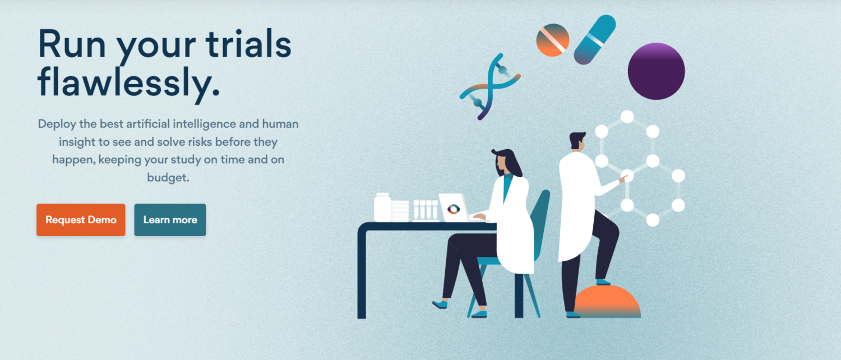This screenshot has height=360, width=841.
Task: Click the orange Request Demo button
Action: tap(81, 220)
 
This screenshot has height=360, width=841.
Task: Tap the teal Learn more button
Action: tap(170, 220)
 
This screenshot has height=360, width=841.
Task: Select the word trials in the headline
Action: tap(248, 44)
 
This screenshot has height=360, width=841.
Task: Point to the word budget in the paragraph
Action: tap(168, 178)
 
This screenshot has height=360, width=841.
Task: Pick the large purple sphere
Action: tap(657, 71)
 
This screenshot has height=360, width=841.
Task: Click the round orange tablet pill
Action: tap(553, 40)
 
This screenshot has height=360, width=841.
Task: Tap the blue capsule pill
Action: tap(595, 39)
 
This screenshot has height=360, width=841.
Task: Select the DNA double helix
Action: tap(490, 87)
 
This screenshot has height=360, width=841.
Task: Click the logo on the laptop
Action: tap(454, 209)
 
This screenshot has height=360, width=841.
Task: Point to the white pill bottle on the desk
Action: tap(382, 207)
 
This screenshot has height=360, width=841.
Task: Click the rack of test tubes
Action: tap(426, 210)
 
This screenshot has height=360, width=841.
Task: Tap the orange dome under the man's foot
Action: tap(607, 302)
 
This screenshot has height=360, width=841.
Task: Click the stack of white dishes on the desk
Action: tap(400, 211)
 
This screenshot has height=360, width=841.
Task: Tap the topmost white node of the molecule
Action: tap(627, 117)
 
